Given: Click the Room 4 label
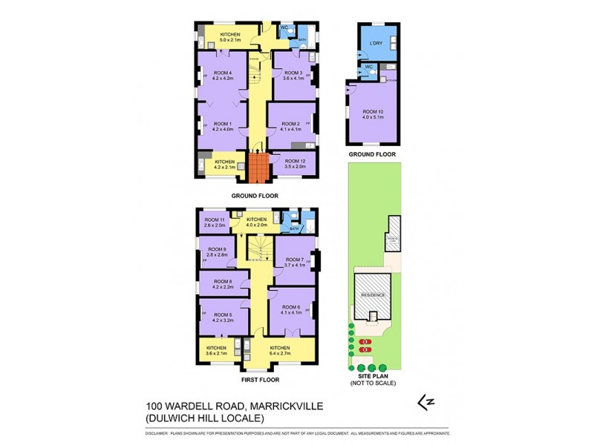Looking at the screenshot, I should click(x=221, y=73).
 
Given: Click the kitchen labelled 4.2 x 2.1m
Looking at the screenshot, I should click(x=224, y=164).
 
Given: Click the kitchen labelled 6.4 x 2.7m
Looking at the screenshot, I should click(x=279, y=351).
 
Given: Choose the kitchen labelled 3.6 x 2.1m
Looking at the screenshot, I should click(x=216, y=351).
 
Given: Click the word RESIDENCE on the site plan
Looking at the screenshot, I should click(x=373, y=294).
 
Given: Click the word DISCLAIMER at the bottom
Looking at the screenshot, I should click(x=157, y=432).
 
